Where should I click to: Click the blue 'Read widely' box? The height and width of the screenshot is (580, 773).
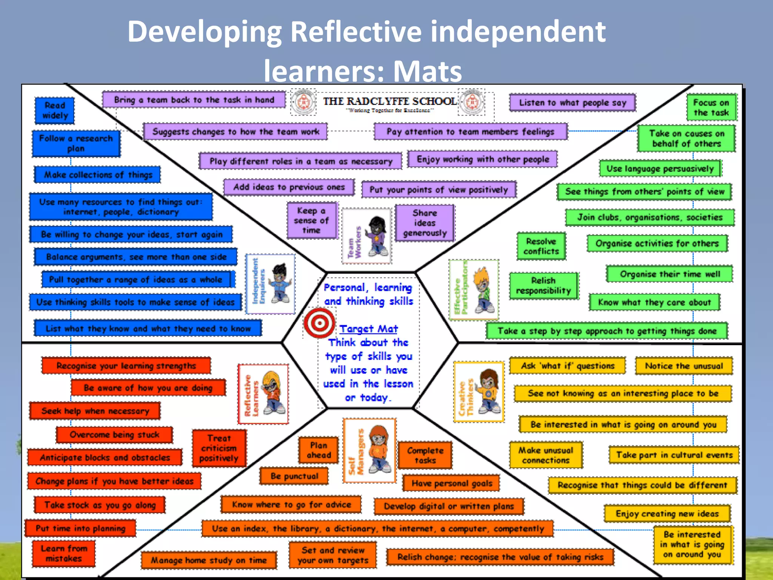[x=55, y=111]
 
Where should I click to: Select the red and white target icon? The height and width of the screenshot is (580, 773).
[x=319, y=323]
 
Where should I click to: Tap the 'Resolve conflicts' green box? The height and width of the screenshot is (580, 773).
[x=541, y=246]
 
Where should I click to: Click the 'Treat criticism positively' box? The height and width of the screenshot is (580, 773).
[x=219, y=448]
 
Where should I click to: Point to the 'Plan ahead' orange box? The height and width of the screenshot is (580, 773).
[x=319, y=450]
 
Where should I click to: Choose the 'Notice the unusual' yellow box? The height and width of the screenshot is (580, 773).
[x=684, y=366]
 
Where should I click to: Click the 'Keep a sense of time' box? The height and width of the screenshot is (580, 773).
[x=311, y=221]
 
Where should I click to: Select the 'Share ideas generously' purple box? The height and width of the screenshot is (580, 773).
[x=425, y=223]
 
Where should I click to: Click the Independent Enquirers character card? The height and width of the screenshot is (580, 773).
[x=270, y=284]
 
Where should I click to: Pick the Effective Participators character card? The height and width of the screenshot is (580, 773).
[x=474, y=290]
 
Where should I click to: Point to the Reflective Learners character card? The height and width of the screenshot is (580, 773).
[x=263, y=394]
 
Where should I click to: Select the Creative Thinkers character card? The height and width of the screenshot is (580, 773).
[x=479, y=392]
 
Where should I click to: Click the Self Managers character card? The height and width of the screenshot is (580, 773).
[x=369, y=450]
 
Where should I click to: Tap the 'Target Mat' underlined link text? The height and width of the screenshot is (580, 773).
[x=368, y=329]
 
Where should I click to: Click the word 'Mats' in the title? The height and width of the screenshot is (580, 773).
[x=428, y=71]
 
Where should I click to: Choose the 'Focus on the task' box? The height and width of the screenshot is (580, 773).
[x=711, y=108]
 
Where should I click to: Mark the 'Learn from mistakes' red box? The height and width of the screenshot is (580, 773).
[x=64, y=554]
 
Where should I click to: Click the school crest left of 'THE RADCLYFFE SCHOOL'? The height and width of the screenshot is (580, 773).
[x=303, y=102]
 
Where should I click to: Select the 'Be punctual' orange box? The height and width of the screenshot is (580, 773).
[x=294, y=476]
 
